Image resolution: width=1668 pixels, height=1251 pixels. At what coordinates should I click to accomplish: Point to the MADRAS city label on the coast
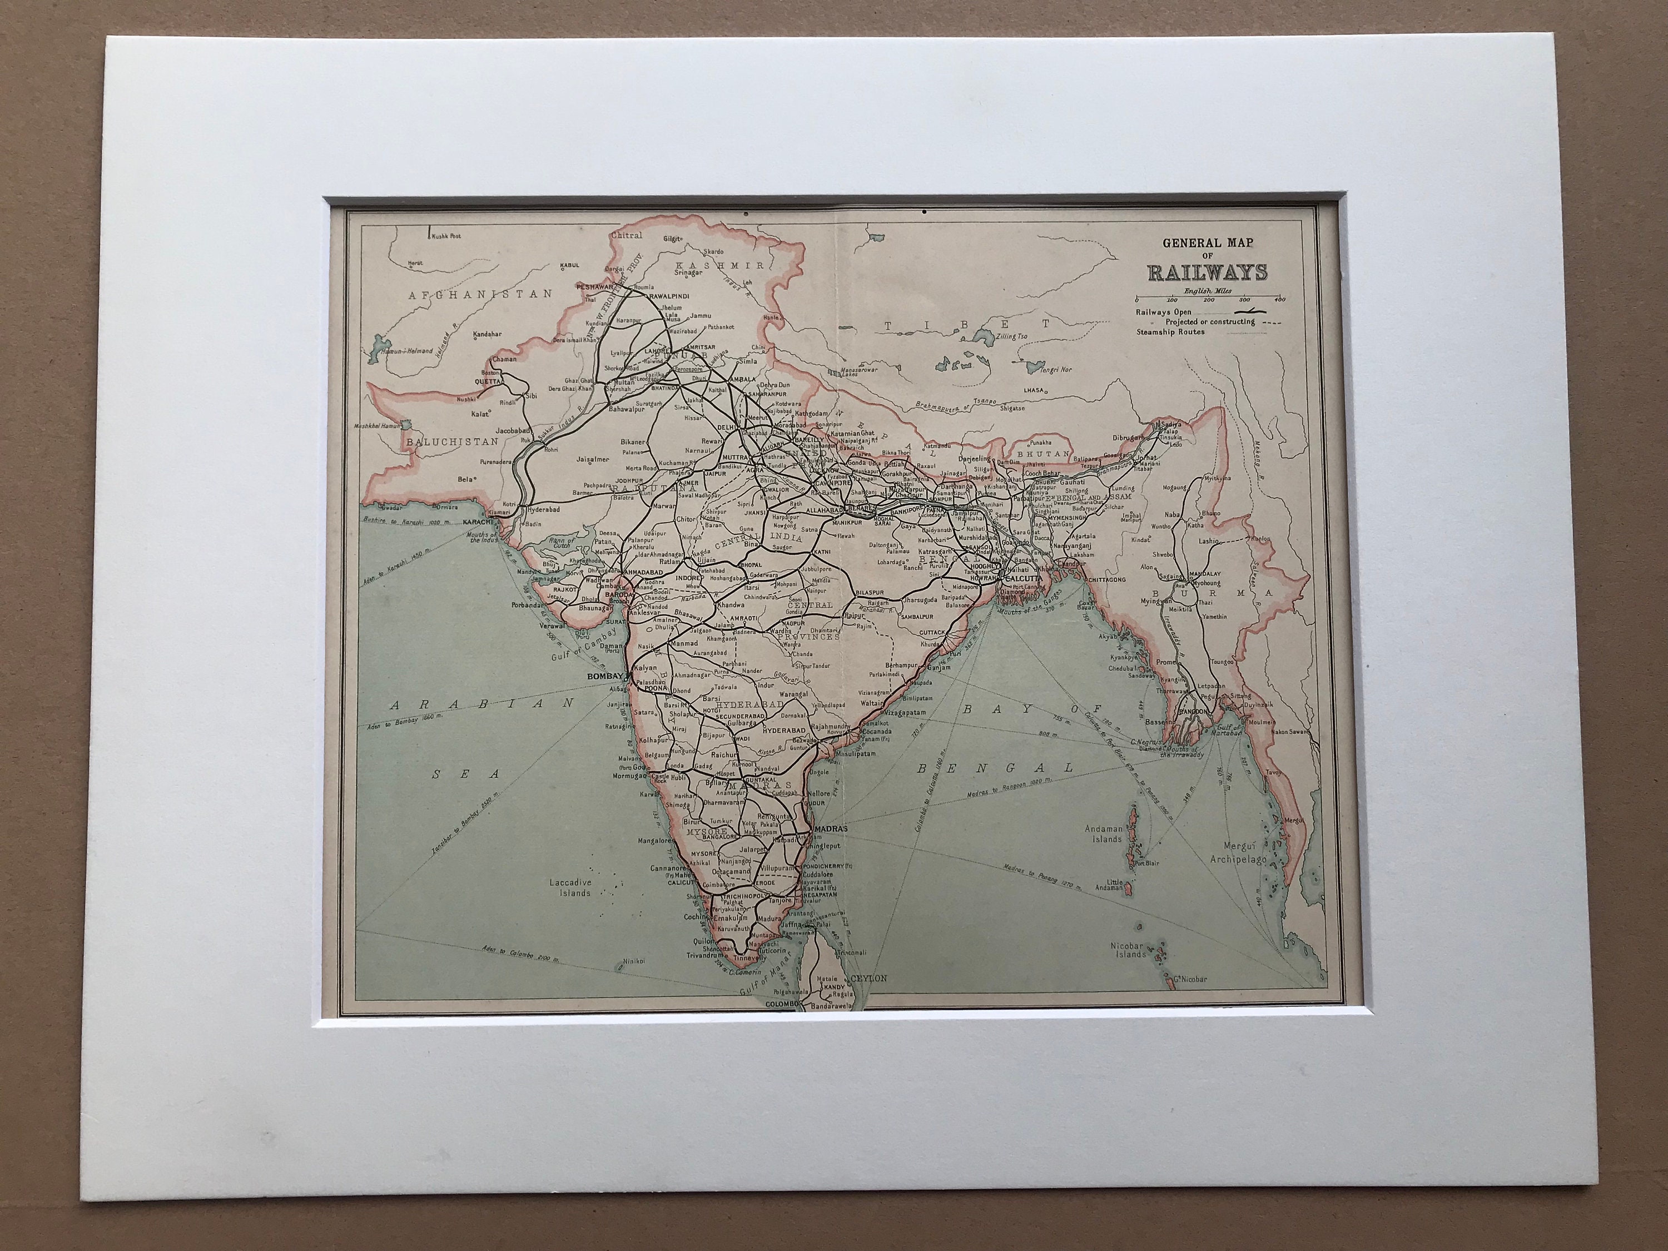tap(832, 828)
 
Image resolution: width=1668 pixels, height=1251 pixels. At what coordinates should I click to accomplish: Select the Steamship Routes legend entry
tap(1171, 332)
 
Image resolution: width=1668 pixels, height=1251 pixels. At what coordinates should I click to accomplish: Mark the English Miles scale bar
tap(1207, 296)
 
